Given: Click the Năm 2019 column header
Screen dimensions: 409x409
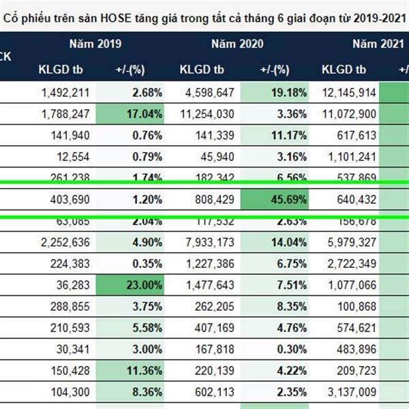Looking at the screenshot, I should coord(95,44).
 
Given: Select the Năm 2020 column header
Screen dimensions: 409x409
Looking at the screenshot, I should coord(237,44).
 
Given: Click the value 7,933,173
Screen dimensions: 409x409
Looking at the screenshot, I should coord(207,241).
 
